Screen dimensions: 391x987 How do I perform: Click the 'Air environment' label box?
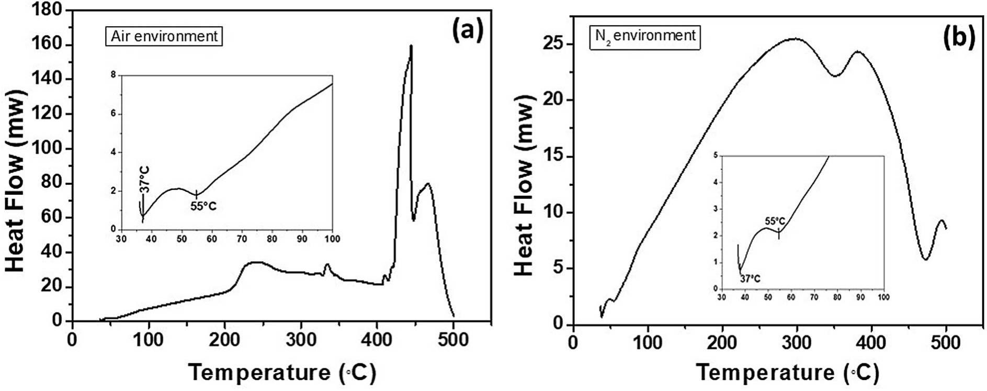tap(164, 36)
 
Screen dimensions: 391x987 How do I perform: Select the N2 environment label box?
tap(645, 36)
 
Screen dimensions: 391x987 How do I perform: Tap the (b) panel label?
tap(959, 38)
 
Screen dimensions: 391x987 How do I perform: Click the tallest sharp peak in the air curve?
tap(411, 46)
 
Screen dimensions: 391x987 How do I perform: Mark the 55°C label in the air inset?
tap(203, 207)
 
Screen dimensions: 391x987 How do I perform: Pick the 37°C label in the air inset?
tap(145, 180)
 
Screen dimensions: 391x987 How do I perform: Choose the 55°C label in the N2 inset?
tap(775, 221)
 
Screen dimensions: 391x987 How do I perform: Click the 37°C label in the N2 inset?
tap(750, 278)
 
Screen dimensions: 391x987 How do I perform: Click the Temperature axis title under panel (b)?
tap(787, 373)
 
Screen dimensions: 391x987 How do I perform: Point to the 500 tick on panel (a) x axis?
tap(453, 341)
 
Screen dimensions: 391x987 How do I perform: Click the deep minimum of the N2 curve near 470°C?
tap(925, 259)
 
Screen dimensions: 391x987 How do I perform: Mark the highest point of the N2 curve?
tap(796, 38)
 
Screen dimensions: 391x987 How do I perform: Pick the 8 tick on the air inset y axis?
tap(113, 75)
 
